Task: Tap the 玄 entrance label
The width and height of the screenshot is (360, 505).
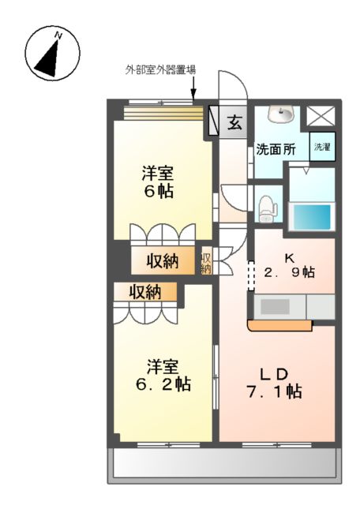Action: (x=235, y=122)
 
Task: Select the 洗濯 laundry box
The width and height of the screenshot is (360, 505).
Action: (x=321, y=148)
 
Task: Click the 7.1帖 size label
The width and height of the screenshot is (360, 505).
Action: (x=273, y=391)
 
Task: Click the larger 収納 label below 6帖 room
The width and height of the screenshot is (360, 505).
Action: (x=161, y=261)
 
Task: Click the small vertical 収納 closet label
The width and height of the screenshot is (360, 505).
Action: (x=206, y=262)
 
